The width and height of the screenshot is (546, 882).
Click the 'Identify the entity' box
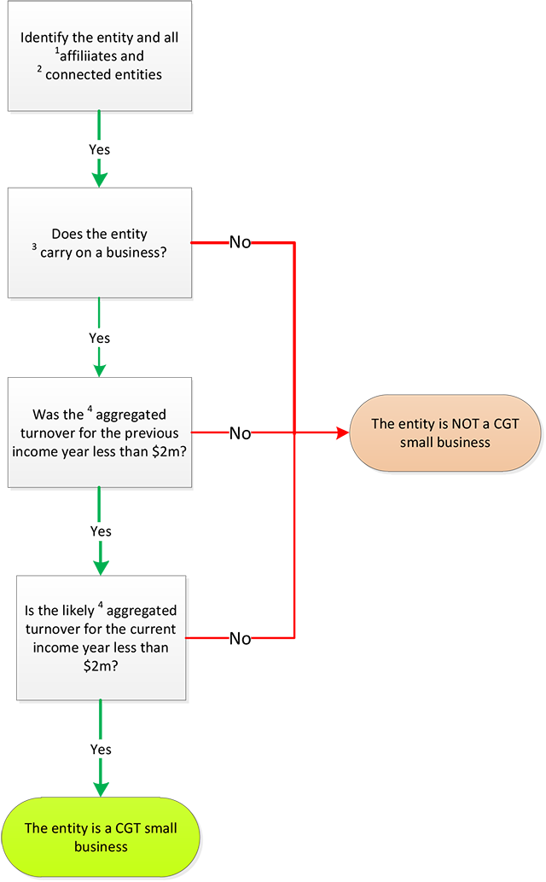[100, 55]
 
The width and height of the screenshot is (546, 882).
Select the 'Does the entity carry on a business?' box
[100, 243]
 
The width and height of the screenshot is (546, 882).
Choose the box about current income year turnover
[101, 638]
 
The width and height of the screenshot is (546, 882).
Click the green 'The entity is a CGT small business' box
[101, 837]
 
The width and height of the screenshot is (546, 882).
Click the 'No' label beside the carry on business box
[240, 242]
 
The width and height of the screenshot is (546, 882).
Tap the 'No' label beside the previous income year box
[240, 433]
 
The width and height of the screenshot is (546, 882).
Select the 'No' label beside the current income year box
[240, 639]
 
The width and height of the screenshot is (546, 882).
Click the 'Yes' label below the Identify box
[100, 150]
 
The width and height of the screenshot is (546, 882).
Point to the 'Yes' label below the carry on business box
[100, 339]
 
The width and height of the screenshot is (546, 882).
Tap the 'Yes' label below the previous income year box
[101, 531]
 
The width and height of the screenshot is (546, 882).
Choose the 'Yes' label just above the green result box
[101, 750]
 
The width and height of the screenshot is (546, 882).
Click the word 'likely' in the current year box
[70, 611]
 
